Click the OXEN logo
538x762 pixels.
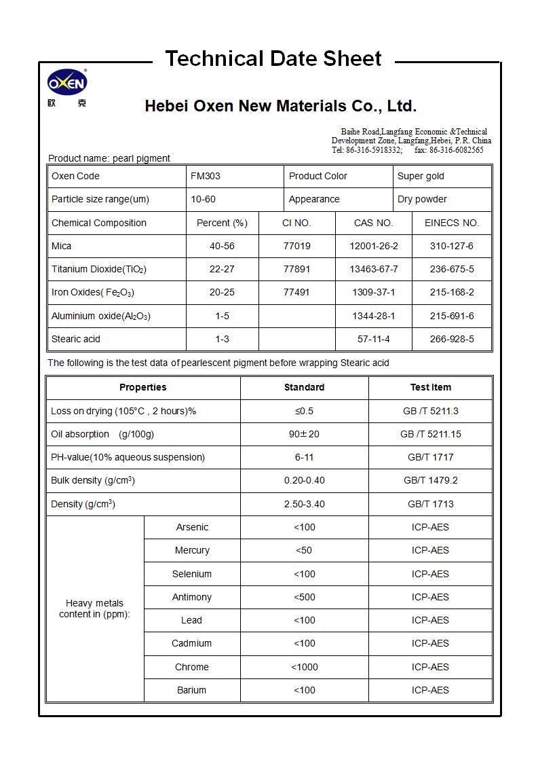[x=66, y=84]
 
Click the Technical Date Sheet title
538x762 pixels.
[x=273, y=59]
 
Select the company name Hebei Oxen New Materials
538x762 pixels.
[x=280, y=106]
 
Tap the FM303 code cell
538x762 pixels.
[x=206, y=176]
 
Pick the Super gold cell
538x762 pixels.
[x=421, y=176]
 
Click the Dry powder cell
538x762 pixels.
[x=422, y=199]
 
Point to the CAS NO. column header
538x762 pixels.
[x=373, y=223]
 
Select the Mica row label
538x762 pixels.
[x=62, y=246]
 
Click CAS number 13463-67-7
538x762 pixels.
[x=374, y=269]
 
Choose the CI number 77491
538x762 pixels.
[x=296, y=292]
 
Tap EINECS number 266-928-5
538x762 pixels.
[x=452, y=339]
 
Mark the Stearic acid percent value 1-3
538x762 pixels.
[x=222, y=339]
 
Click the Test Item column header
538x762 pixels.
[x=430, y=387]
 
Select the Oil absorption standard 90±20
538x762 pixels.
[x=304, y=434]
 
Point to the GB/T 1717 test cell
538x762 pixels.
[x=430, y=457]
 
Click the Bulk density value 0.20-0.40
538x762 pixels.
[x=304, y=480]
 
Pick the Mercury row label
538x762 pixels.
[x=192, y=550]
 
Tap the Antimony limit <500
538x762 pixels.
[x=304, y=597]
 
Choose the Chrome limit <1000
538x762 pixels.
[x=304, y=667]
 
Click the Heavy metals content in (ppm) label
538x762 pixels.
[x=94, y=609]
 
